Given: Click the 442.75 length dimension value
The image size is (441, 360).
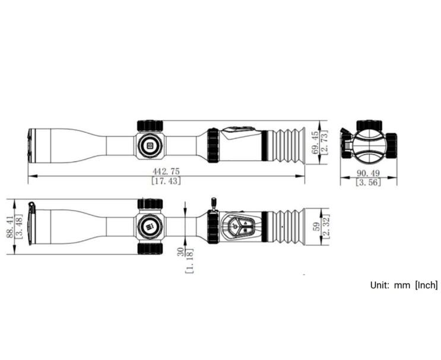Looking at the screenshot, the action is coord(166,171).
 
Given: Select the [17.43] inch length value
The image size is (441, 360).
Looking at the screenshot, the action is coord(166,181).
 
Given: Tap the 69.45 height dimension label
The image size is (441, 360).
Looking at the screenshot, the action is coord(316,142).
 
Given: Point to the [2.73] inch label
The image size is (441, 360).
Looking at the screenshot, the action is coord(324,142).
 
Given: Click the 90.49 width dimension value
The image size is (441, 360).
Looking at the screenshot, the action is coord(368,173).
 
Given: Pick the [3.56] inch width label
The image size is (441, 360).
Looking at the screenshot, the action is coord(368,183).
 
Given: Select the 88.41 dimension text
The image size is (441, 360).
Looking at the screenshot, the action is coord(10,227).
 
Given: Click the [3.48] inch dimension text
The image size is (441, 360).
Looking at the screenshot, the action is coord(18,227).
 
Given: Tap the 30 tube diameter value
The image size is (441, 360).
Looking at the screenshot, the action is coord(180,251).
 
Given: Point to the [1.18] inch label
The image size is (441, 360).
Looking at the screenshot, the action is coord(189,261).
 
